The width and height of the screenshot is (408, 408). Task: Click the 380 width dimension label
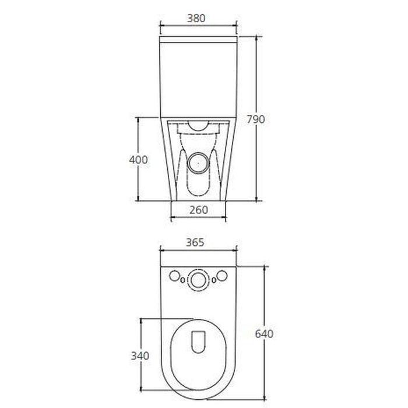tap(198, 17)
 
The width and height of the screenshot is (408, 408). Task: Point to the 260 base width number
tap(198, 210)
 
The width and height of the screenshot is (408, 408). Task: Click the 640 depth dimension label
tap(264, 334)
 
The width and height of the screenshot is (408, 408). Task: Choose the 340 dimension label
tap(140, 356)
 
